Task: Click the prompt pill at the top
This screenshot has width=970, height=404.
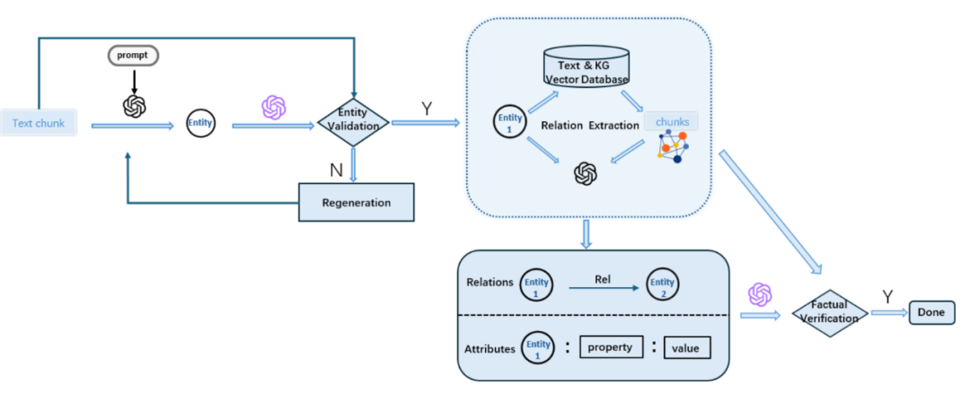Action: [134, 55]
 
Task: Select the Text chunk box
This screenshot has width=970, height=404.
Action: [39, 123]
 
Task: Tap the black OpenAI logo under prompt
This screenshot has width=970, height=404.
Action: [134, 106]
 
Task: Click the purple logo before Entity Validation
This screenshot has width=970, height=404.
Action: [273, 108]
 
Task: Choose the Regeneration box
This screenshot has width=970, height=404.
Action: [356, 202]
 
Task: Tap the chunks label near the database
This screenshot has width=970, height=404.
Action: [671, 121]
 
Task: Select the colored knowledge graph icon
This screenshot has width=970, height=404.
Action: [672, 147]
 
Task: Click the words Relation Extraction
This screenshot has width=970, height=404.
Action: [588, 126]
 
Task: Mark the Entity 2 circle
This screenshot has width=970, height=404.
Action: [662, 287]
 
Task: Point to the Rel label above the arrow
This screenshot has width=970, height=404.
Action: [604, 278]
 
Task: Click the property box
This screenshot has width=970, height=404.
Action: [610, 347]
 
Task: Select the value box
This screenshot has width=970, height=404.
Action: [687, 347]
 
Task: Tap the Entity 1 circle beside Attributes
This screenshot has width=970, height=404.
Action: [538, 347]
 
